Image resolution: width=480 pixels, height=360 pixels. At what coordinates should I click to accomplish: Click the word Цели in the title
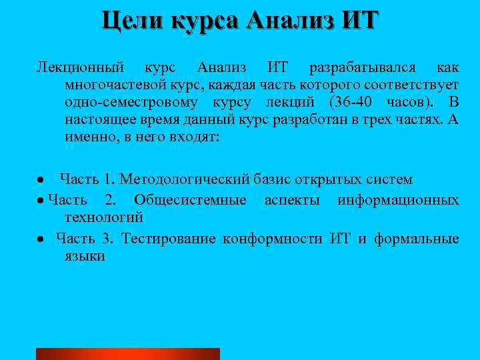click(133, 20)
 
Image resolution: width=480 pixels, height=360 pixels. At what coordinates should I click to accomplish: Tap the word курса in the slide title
click(205, 20)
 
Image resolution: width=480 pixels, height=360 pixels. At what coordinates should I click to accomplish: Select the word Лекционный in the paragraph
click(81, 68)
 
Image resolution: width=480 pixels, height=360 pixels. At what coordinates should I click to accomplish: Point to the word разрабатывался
click(362, 68)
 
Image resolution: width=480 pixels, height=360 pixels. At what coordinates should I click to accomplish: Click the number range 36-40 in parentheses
click(354, 103)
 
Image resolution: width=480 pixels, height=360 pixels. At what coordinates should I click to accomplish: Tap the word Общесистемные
click(190, 200)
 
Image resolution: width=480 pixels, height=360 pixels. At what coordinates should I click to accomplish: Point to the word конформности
click(273, 238)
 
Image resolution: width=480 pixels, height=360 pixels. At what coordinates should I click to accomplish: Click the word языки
click(85, 255)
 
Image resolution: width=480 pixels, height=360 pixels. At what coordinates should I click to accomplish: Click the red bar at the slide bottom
click(127, 354)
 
